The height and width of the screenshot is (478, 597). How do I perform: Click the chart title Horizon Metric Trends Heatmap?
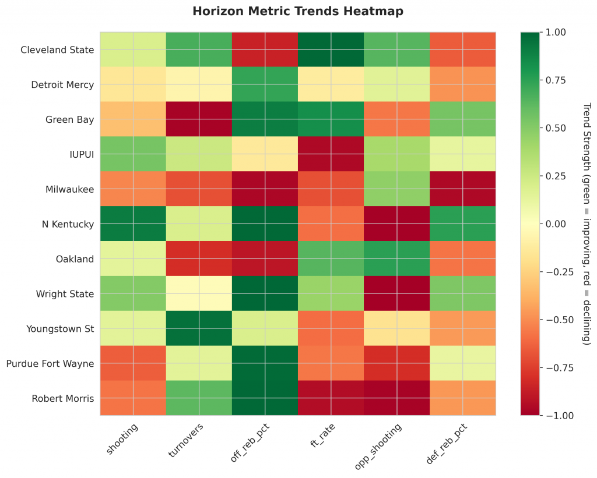click(298, 11)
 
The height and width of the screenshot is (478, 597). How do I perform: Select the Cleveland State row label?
click(57, 49)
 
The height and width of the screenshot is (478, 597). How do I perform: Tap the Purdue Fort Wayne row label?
click(50, 363)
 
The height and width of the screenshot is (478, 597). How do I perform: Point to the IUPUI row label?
click(80, 154)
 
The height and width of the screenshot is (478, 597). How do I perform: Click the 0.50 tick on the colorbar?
click(554, 128)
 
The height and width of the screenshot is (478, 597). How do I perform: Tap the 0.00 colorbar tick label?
click(554, 224)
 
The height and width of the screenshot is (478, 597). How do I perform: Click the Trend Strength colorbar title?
click(587, 224)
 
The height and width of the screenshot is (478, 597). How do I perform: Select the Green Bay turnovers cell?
click(199, 119)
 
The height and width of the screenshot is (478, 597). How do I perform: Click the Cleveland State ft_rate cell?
click(331, 49)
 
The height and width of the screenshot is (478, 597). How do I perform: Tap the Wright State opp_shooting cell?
click(397, 293)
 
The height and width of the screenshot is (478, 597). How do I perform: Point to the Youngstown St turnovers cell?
click(199, 328)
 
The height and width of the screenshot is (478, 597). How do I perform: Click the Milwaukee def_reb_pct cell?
click(463, 189)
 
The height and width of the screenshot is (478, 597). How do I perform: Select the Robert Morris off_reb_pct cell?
click(265, 398)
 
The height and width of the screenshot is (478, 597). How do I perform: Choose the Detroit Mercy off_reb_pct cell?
click(265, 84)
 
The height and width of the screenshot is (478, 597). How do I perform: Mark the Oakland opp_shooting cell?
click(397, 259)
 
